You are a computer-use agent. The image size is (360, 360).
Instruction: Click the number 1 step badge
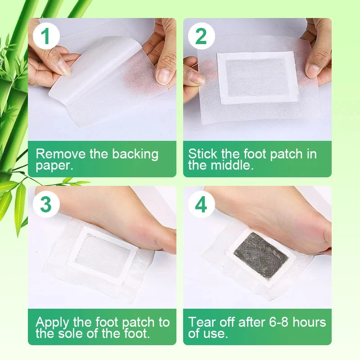[x=45, y=36]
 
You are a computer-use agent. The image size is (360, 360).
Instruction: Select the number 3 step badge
[x=45, y=204]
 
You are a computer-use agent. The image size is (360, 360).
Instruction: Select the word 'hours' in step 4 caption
[x=308, y=322]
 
